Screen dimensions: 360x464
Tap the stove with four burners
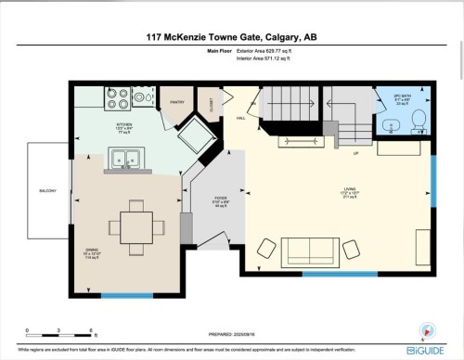[118, 95]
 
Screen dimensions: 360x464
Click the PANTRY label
[178, 102]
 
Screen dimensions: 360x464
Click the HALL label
[240, 119]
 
